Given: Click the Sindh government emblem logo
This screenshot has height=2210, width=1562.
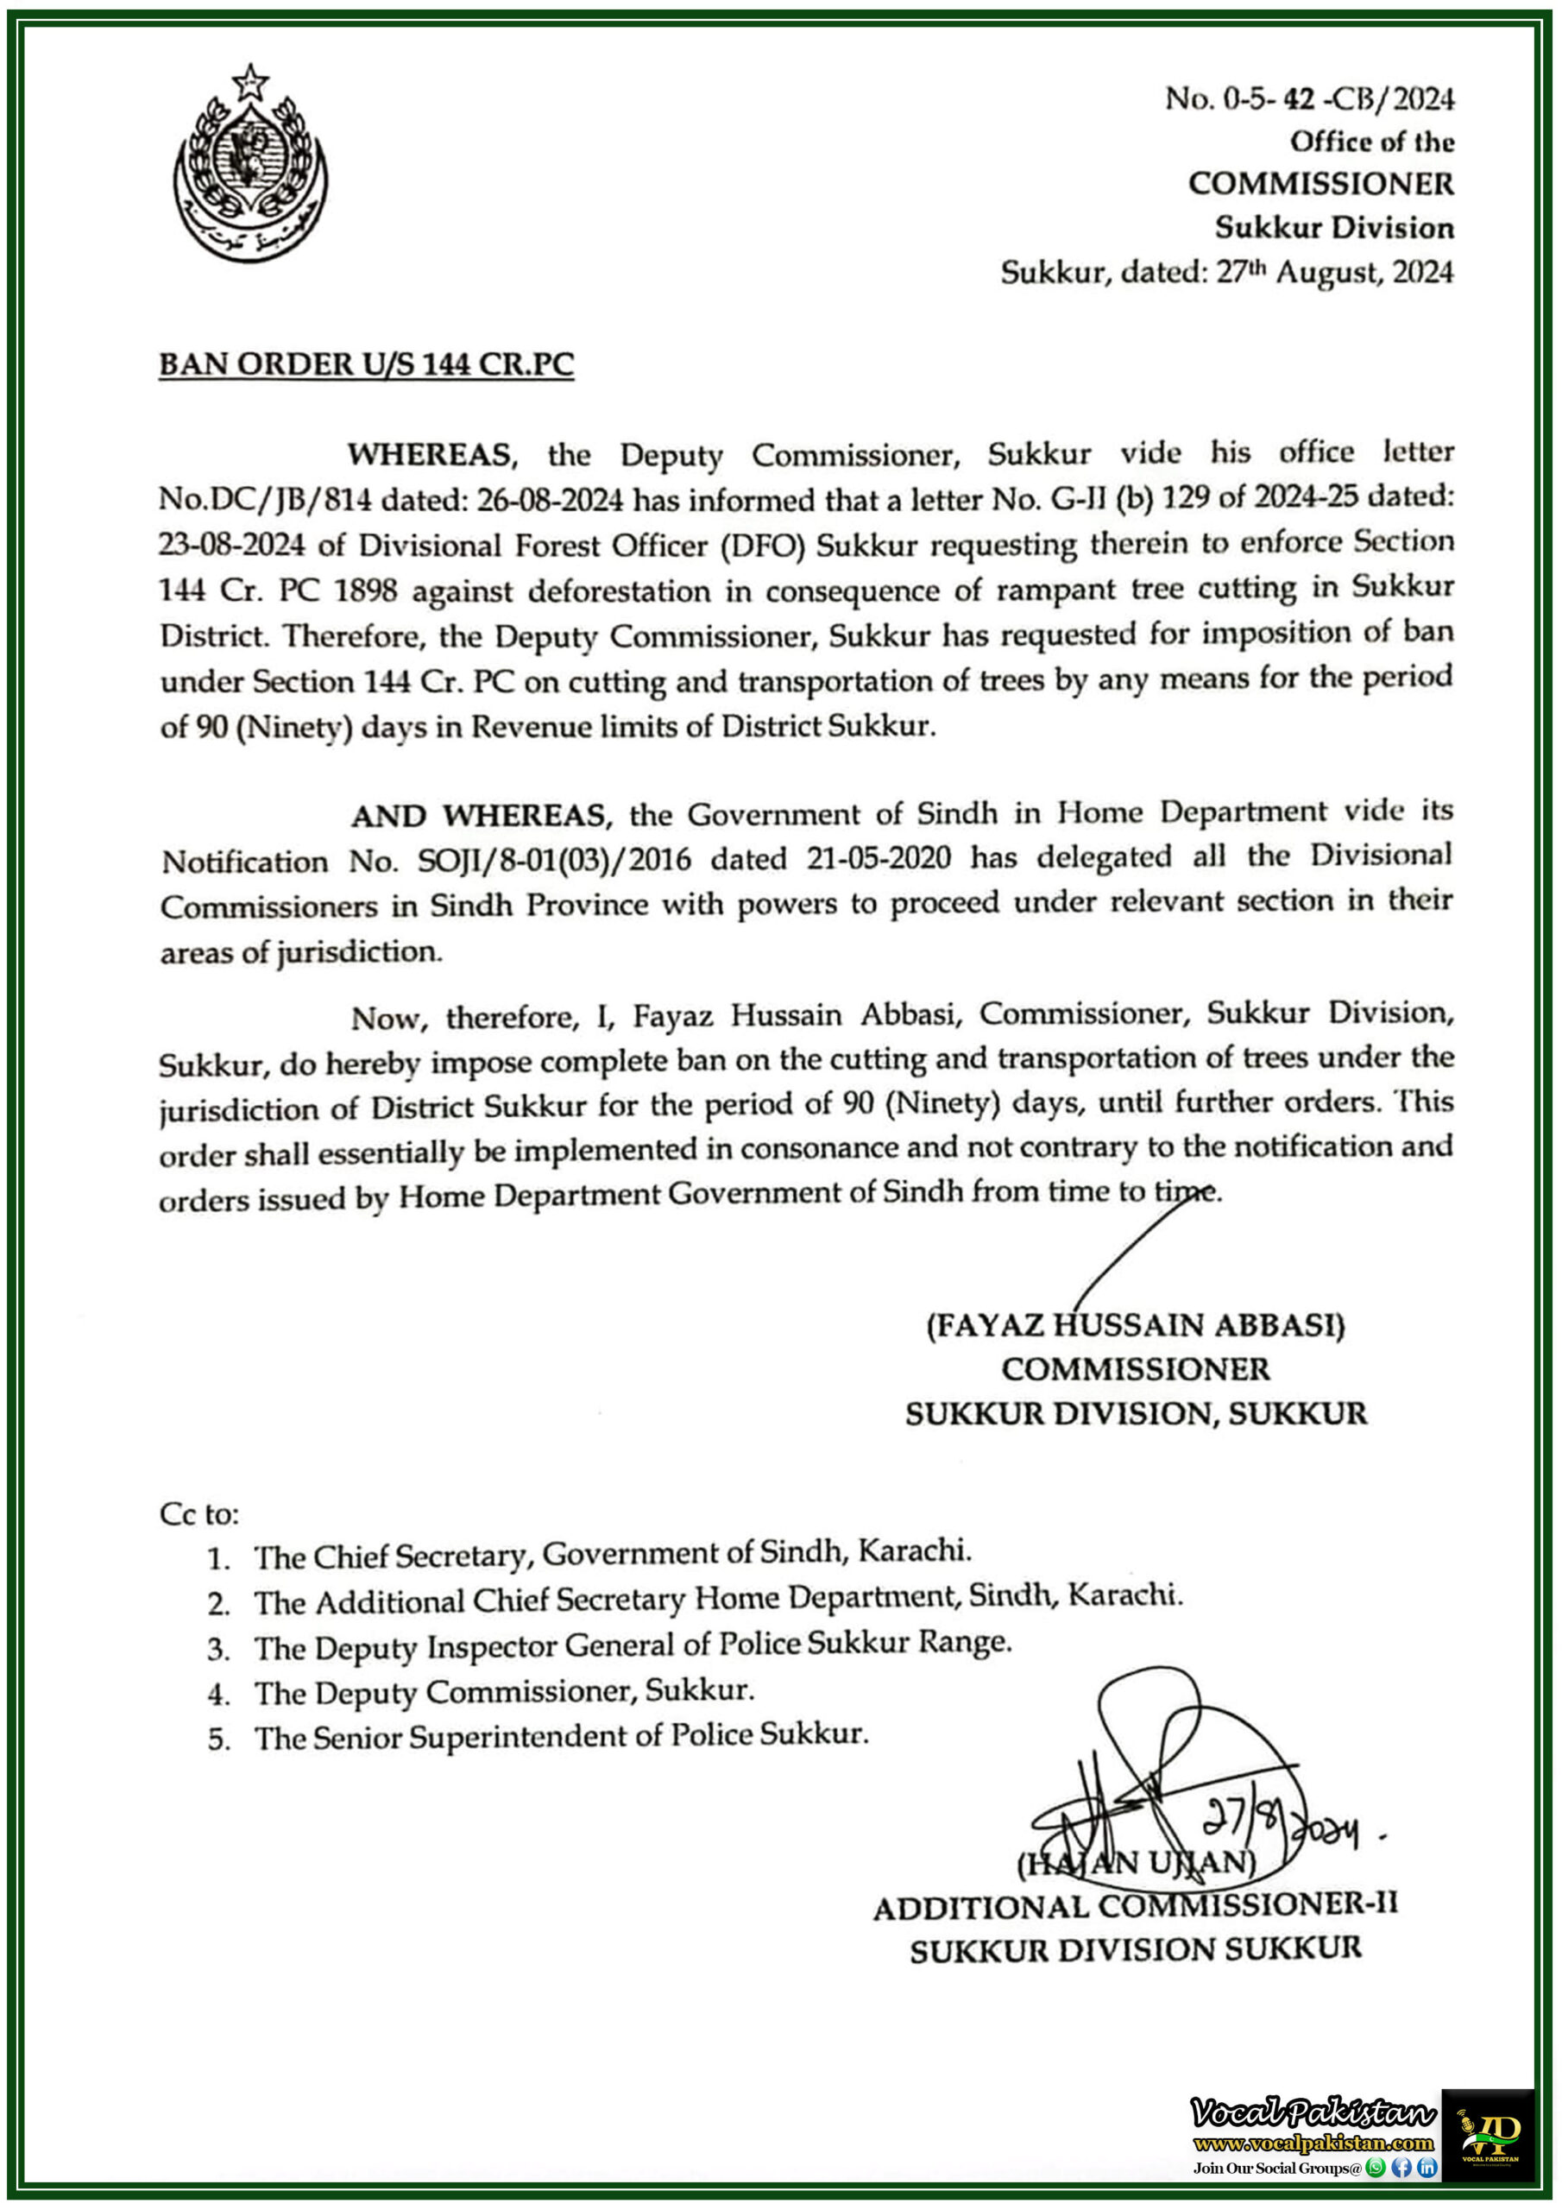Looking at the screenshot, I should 250,164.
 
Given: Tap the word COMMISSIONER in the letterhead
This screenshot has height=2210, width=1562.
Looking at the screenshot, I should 1320,184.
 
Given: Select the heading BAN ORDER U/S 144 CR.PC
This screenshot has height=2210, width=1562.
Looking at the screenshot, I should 366,365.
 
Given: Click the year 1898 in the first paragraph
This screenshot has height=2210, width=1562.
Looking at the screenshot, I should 365,590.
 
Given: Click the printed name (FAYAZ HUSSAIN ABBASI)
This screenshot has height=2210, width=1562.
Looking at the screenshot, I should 1136,1325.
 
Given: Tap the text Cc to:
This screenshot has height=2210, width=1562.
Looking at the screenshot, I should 199,1514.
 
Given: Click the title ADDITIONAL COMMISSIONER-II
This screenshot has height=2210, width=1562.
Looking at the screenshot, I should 1136,1906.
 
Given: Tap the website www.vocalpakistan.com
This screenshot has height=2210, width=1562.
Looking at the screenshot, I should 1313,2143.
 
